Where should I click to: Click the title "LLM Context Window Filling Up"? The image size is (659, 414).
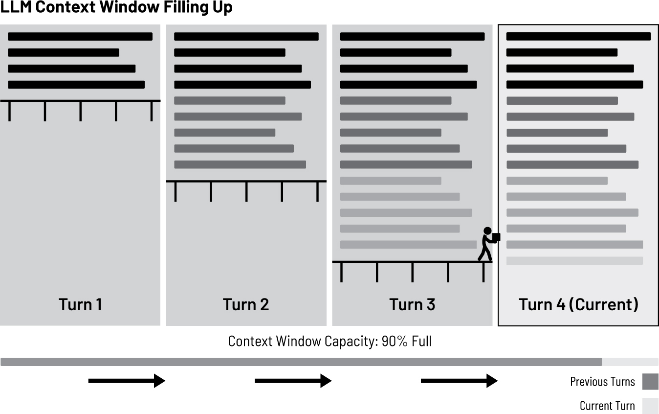[x=116, y=7]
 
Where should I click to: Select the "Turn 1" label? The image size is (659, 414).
[x=81, y=304]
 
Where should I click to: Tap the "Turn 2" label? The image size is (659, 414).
[x=246, y=304]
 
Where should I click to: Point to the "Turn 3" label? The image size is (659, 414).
[x=412, y=304]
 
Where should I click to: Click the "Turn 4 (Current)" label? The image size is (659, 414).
[x=578, y=304]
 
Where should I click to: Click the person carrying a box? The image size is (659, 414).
[x=488, y=243]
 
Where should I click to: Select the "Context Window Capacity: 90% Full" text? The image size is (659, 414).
[x=330, y=341]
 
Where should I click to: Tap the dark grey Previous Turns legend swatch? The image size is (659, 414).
[x=650, y=382]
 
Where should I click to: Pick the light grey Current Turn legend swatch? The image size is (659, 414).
[x=650, y=406]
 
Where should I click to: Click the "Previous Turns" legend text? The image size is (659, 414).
[x=602, y=382]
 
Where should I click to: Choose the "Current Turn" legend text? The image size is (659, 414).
[x=607, y=406]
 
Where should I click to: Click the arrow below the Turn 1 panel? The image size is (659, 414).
[x=127, y=380]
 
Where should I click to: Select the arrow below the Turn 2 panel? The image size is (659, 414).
[x=293, y=380]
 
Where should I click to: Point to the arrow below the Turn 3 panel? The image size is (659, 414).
[x=459, y=380]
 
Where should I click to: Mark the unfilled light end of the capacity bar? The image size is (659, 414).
[x=630, y=362]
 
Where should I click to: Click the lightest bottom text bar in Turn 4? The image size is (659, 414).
[x=574, y=261]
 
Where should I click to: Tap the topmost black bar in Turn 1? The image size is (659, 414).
[x=80, y=37]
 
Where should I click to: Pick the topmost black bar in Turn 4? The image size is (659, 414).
[x=578, y=37]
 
